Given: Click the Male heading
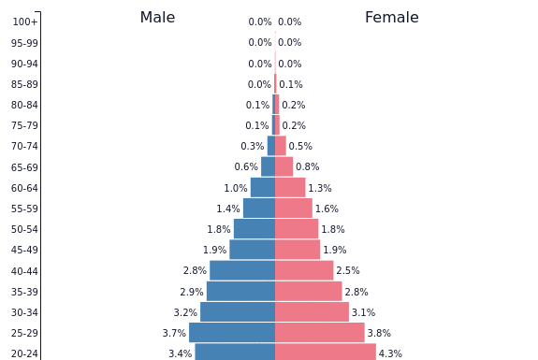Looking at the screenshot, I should coord(157,18).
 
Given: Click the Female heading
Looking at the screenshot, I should coord(391,18).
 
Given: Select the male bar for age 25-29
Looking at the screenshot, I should coord(232,333).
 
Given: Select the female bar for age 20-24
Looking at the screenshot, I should coord(325,353).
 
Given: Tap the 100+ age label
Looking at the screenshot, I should coord(25,22).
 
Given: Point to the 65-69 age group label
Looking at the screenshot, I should coord(24,167).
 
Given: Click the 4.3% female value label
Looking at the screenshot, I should coord(390,354).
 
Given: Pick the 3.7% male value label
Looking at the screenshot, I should coord(174,334).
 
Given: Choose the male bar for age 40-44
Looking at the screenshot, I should coord(242,271).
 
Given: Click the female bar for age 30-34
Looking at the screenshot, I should coord(312,312).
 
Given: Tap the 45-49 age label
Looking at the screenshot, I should coord(24,251).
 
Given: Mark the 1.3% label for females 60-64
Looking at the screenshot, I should coord(320,189).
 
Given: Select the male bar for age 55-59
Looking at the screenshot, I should coord(259,209).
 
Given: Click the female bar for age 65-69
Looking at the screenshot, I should coord(284,167).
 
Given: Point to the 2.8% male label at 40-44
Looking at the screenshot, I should coord(195,271).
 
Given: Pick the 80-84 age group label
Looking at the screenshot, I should coord(24,106).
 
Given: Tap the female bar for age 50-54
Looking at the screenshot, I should coord(297,229).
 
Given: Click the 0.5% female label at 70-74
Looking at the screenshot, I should coord(300,147).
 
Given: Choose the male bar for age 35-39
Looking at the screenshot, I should coord(240,292).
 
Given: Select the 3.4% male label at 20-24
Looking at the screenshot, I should coord(180,354).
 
